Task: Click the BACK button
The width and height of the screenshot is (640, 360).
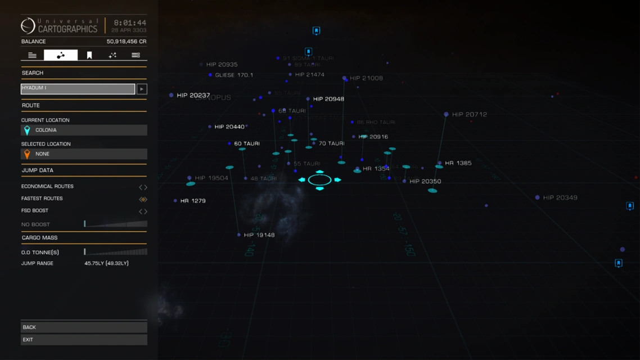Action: point(84,327)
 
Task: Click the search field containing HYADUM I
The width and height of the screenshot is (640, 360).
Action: point(78,89)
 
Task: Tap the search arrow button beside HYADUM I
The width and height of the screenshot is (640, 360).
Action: point(142,89)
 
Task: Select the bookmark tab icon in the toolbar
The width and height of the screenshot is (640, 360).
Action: point(89,55)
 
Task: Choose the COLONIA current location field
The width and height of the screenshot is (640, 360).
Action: point(84,130)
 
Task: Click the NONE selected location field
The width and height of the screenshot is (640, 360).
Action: point(84,154)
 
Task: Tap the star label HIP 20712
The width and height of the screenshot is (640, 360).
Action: point(468,114)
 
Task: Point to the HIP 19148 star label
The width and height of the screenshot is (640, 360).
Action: point(259,235)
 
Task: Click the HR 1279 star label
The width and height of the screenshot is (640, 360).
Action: point(192,201)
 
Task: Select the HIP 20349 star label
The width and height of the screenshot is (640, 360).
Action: point(560,197)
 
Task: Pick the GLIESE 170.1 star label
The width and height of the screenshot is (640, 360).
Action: point(233,75)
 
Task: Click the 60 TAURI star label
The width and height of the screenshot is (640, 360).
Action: point(246,143)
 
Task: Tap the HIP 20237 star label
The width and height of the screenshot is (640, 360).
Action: point(193,96)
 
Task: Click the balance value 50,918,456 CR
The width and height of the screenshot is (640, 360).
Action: point(127,42)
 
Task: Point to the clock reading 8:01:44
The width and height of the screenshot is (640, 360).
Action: point(130,23)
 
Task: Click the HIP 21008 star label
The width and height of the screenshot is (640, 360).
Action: point(366,78)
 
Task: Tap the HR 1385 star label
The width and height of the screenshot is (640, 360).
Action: point(458,163)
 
